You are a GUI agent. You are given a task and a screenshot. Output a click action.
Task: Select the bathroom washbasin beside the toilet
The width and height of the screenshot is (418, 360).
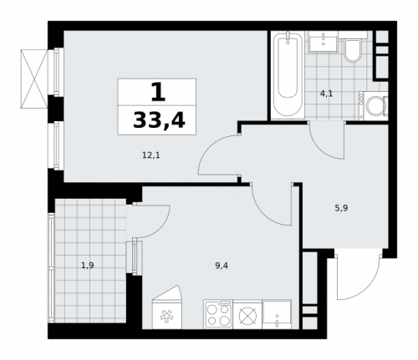tap(322, 43)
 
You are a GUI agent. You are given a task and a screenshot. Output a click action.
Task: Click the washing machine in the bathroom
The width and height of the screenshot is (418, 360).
tap(374, 106)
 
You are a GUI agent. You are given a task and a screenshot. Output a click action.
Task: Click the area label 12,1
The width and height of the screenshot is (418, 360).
tap(150, 154)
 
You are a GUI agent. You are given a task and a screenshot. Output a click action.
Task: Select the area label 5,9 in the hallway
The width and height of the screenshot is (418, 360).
tap(341, 208)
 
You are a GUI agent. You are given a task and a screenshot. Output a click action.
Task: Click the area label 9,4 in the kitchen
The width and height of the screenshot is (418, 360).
tap(222, 266)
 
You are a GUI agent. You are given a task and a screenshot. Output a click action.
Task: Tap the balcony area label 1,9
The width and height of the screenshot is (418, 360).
tap(87, 266)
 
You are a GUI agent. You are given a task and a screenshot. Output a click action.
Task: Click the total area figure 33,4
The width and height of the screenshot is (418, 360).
tap(158, 123)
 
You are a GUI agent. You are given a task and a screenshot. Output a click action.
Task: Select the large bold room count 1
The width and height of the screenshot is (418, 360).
tap(157, 91)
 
